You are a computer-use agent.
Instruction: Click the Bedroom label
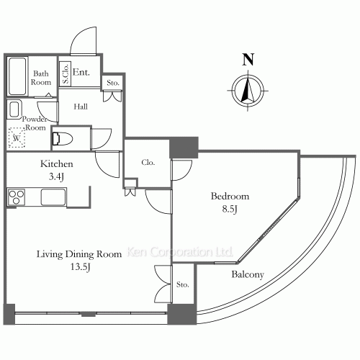230,197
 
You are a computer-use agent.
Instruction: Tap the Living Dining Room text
79,254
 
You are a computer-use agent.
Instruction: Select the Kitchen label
57,164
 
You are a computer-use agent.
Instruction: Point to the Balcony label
248,274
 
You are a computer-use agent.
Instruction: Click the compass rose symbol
248,91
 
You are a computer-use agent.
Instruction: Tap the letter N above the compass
248,59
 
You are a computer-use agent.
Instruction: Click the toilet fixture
63,139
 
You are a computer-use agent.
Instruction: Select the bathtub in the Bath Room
17,76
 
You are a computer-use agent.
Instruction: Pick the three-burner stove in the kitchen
16,197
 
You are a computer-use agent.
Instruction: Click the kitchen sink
53,197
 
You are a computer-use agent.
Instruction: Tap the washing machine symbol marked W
17,138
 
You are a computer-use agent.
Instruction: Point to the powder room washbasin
14,109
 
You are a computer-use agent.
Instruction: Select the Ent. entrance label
81,72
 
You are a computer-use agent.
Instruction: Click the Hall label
81,107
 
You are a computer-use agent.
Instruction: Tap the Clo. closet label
148,163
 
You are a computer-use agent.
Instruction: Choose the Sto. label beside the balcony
182,284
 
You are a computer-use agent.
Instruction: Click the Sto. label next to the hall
113,83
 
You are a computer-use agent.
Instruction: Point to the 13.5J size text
80,267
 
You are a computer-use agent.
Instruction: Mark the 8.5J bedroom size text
230,209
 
